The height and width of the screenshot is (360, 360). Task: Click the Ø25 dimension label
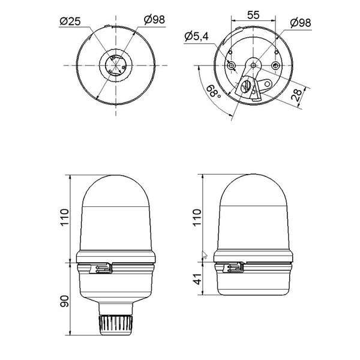tap(70, 22)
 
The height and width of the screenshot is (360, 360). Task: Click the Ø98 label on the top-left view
tap(154, 20)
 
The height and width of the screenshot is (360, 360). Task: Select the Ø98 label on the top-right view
tap(301, 23)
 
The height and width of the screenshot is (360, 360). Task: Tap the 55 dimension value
tap(253, 15)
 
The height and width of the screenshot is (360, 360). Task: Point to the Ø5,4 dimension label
tap(197, 36)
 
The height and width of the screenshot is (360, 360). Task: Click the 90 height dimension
tap(65, 301)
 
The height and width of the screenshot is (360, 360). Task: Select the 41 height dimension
tap(197, 279)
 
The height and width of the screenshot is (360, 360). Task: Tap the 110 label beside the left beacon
tap(65, 218)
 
